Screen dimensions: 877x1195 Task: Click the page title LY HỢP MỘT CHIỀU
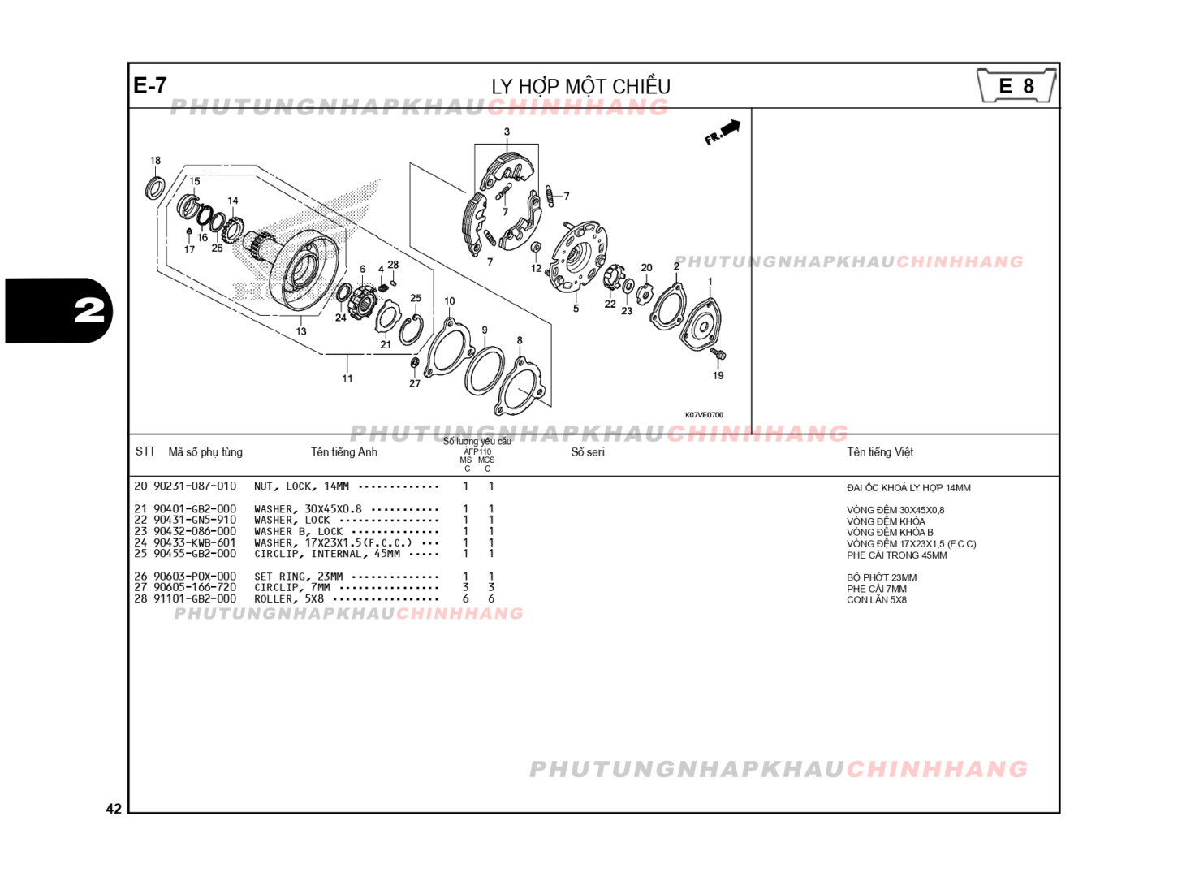point(580,86)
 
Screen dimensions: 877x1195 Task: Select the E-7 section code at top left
point(150,85)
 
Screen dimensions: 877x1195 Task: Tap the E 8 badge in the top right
point(1016,86)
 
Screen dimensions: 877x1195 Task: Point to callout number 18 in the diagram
point(155,160)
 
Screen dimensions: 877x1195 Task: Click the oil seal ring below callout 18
point(154,188)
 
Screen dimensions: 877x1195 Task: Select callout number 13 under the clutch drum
point(301,330)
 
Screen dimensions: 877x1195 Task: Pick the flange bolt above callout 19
point(718,355)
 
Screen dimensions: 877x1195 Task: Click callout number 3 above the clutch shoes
point(507,132)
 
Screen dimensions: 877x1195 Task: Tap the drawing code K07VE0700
point(704,415)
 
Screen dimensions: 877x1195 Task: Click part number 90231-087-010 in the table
point(195,486)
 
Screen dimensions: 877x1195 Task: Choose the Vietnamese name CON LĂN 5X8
point(877,600)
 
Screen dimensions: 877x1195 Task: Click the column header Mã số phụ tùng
point(205,452)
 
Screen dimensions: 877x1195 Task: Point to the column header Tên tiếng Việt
point(880,452)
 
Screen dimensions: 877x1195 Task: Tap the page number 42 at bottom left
point(114,808)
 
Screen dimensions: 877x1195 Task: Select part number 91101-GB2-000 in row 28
point(195,598)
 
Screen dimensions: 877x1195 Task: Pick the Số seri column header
point(588,452)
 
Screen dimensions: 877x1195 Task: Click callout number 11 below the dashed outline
point(347,378)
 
